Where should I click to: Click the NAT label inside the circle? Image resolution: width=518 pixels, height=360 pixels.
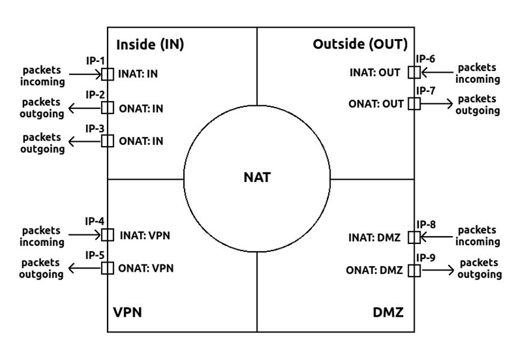coord(258,178)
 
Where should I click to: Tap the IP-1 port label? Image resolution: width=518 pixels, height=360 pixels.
coord(96,61)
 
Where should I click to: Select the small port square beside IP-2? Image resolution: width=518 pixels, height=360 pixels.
coord(108,108)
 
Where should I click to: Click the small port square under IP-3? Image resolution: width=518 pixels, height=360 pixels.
coord(108,141)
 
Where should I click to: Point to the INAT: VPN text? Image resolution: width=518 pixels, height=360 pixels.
coord(145,235)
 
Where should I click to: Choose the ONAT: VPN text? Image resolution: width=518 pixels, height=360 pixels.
coord(146,268)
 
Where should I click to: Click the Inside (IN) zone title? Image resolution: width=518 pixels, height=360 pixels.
coord(150,44)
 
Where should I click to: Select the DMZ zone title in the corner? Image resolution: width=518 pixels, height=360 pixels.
coord(388,313)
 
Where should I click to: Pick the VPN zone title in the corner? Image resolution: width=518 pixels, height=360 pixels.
coord(127,313)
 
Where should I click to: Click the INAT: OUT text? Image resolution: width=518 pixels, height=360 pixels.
coord(374,73)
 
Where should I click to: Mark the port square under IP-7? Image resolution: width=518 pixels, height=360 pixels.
coord(414,103)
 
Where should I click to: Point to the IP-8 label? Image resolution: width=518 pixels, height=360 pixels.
coord(425,225)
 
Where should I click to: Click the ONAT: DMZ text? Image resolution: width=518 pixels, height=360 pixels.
coord(374,270)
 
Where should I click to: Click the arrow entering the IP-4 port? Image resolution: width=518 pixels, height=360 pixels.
coord(84,235)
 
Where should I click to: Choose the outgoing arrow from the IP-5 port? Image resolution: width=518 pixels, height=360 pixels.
coord(84,268)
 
